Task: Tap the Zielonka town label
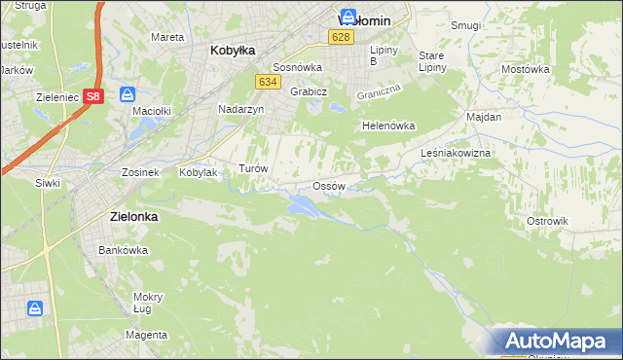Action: [x=128, y=218]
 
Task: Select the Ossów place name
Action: [x=328, y=186]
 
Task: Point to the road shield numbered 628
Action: [x=340, y=37]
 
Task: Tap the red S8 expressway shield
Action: [x=92, y=95]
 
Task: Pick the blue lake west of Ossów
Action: [x=301, y=205]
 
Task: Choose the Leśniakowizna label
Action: [x=456, y=154]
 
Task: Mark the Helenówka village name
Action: [x=388, y=126]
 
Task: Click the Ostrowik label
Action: [x=547, y=221]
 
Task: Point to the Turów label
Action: [x=253, y=168]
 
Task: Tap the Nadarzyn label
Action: [x=241, y=110]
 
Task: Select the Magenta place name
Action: [x=147, y=335]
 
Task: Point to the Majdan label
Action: [x=484, y=117]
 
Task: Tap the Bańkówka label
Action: [x=123, y=250]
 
